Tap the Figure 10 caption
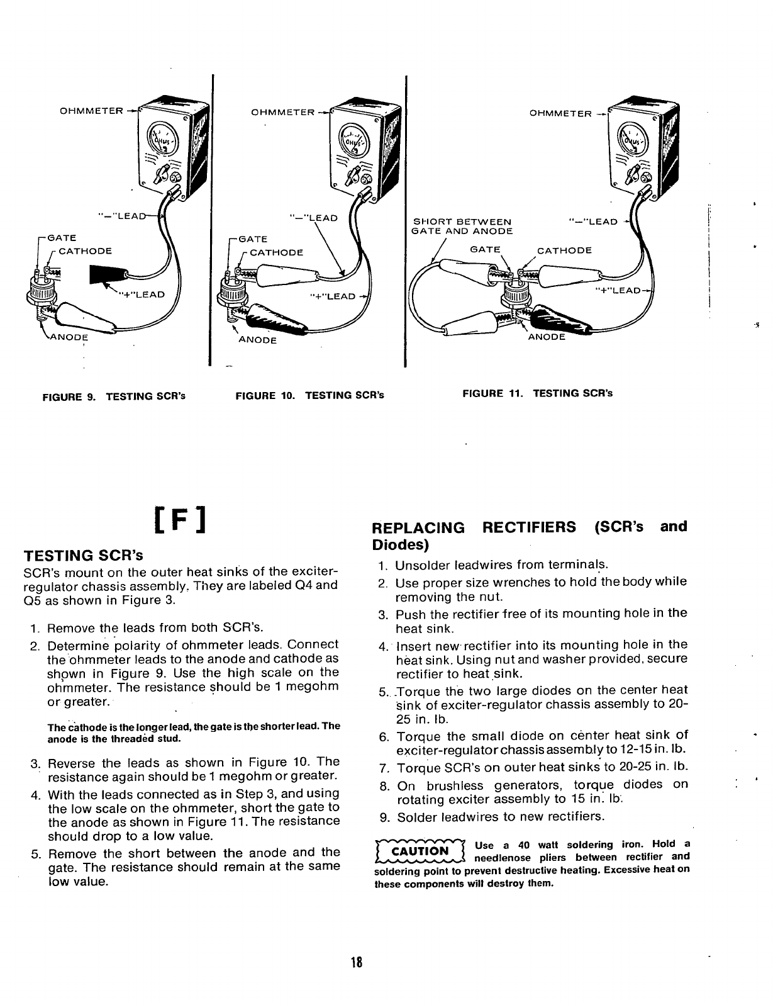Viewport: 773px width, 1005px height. coord(309,396)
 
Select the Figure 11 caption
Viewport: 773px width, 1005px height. coord(537,393)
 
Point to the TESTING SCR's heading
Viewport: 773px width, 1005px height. coord(83,556)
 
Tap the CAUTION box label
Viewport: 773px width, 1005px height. coord(420,851)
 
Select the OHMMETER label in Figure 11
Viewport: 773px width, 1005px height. coord(560,114)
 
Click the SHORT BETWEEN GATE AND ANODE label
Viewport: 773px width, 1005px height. coord(462,226)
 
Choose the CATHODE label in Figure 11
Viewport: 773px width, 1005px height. coord(564,250)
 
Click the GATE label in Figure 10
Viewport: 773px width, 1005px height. coord(254,239)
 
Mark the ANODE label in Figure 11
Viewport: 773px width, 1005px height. coord(547,337)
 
